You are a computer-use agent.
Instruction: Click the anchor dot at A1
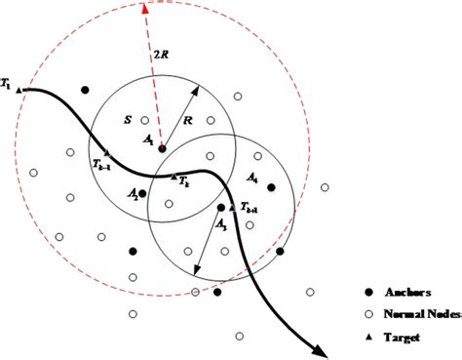click(162, 148)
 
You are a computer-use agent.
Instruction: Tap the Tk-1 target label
click(101, 165)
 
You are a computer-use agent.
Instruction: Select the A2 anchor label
click(133, 194)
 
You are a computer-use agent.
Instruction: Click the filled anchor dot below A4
click(271, 187)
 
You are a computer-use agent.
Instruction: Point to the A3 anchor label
click(222, 224)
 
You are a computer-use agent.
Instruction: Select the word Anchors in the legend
click(406, 292)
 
